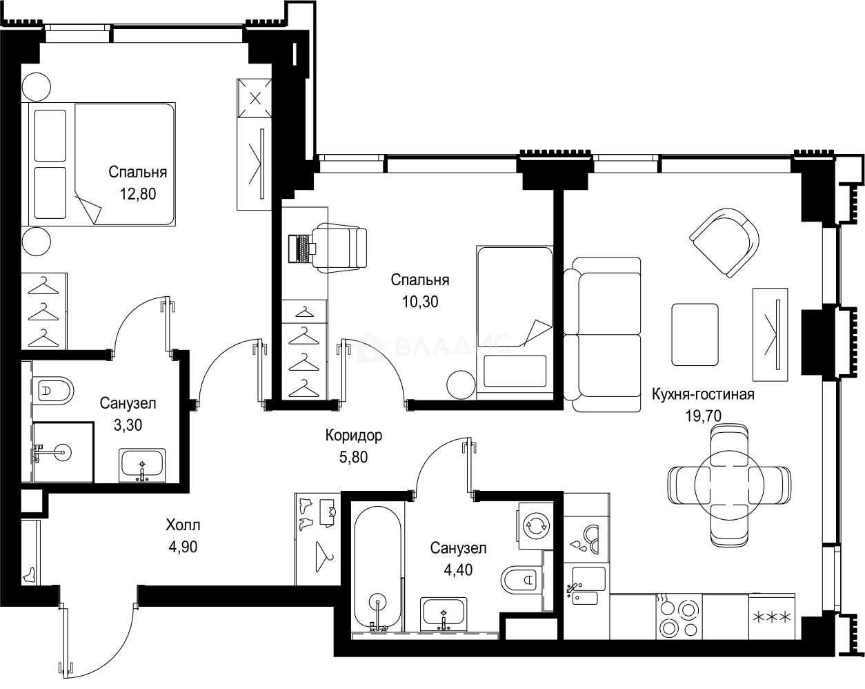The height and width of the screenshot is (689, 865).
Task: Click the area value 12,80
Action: [137, 194]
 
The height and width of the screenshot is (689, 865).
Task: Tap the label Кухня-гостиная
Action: [703, 394]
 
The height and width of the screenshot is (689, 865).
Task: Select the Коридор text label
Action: [353, 436]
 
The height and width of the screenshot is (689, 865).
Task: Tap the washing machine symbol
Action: [535, 525]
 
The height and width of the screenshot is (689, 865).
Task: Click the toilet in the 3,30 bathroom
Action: [55, 391]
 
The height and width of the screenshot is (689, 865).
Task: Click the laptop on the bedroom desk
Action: [302, 249]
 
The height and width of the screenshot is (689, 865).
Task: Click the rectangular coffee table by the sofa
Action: [695, 335]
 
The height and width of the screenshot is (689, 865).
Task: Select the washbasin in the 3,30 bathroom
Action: [142, 464]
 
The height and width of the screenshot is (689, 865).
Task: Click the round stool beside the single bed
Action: [460, 385]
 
